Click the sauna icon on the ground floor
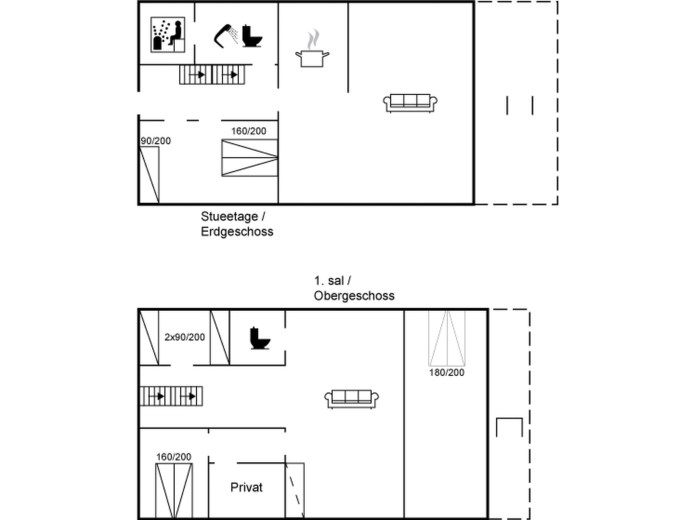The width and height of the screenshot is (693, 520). coord(168,35)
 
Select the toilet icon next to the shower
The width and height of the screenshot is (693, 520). coord(252,36)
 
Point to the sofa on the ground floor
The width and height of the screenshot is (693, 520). coord(410,103)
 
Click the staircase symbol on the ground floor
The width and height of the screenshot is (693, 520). coord(212,74)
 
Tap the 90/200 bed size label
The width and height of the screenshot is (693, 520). coord(156,141)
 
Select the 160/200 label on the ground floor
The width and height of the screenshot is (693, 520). coord(249,131)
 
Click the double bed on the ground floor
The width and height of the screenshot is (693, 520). coord(250,158)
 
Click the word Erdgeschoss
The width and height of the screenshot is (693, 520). coord(237,232)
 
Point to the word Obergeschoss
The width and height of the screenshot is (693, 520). coord(354,296)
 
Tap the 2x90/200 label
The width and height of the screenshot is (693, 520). coord(185,337)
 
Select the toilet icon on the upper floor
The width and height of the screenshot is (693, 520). coord(260,338)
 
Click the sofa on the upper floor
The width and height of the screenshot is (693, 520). coord(352,399)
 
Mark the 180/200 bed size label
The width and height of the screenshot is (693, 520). coord(447,372)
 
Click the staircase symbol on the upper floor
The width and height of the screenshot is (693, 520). coord(171,396)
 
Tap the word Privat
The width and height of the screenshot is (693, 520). coord(246,487)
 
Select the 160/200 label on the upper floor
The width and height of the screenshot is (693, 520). coord(174,457)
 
